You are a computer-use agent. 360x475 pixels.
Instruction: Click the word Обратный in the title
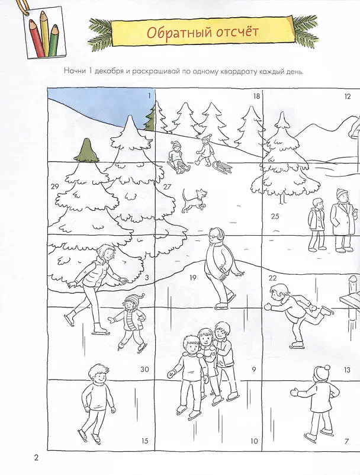click(179, 32)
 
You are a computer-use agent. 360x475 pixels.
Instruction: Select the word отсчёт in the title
click(237, 32)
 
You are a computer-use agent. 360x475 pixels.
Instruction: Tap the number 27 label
click(167, 187)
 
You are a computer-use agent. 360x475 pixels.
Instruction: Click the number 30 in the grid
click(144, 369)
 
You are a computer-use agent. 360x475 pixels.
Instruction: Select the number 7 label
click(347, 441)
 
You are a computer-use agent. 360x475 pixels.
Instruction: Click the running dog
click(194, 200)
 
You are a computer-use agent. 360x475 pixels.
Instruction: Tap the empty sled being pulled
click(221, 167)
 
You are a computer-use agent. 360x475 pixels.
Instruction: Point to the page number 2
click(36, 457)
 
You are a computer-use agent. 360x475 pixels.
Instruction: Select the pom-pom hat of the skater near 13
click(322, 373)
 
